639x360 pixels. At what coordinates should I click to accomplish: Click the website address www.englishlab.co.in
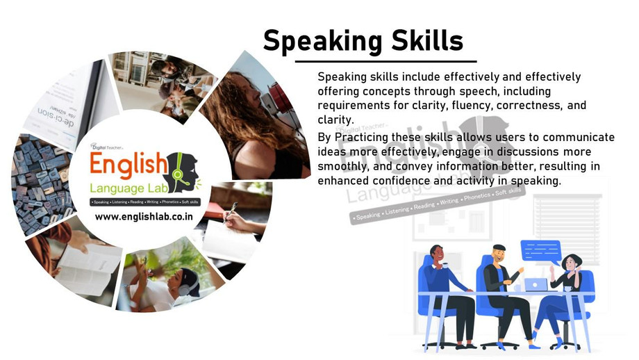pos(144,217)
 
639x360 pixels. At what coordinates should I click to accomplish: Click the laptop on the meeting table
pos(535,284)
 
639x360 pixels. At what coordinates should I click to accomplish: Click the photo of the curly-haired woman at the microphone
pos(257,118)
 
